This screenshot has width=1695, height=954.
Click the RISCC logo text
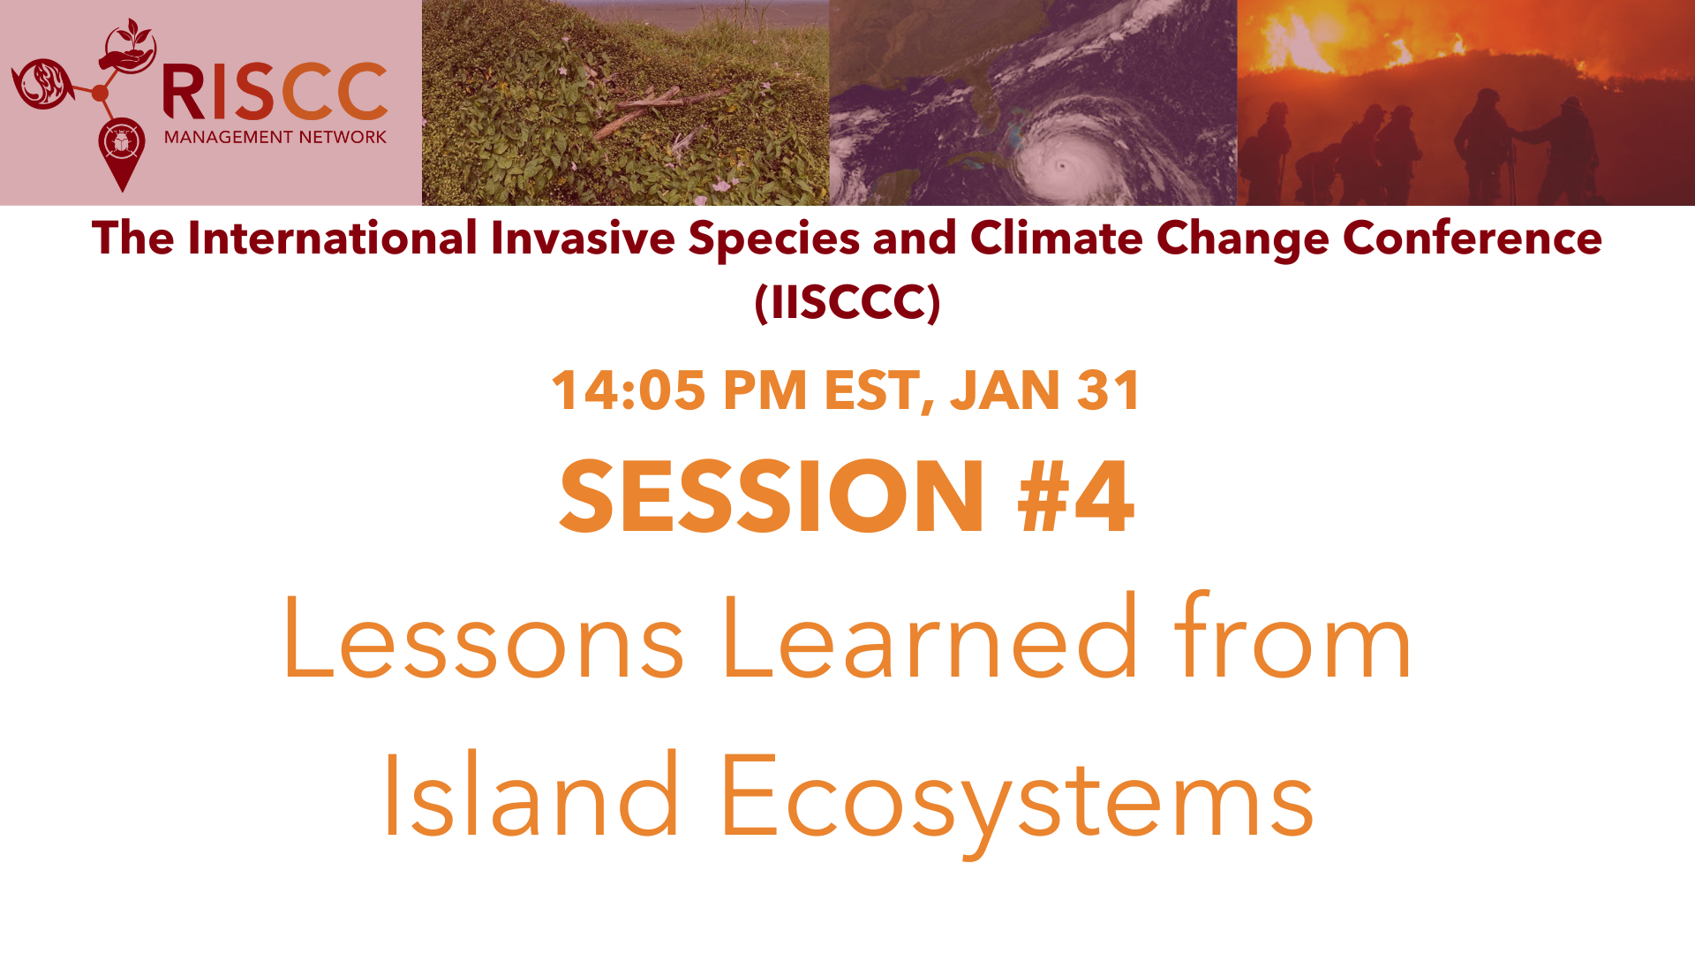click(x=275, y=92)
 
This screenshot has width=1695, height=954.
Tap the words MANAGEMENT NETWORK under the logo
click(x=275, y=137)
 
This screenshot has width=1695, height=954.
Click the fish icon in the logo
click(x=41, y=84)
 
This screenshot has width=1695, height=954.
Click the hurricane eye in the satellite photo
click(x=1062, y=165)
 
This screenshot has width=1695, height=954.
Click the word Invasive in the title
click(x=583, y=238)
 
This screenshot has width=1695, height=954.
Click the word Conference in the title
click(x=1472, y=238)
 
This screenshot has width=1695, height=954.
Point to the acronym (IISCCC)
click(x=847, y=303)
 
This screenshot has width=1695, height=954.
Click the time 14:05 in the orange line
click(x=629, y=390)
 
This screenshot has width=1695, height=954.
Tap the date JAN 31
click(x=1045, y=390)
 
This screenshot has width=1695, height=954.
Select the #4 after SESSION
click(x=1075, y=496)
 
